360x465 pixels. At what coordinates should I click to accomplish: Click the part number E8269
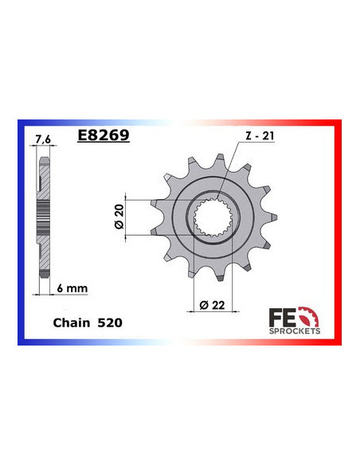pyautogui.click(x=104, y=135)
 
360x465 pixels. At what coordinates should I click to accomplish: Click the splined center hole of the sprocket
pyautogui.click(x=213, y=217)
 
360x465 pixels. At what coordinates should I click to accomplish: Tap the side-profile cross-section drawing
pyautogui.click(x=44, y=211)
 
